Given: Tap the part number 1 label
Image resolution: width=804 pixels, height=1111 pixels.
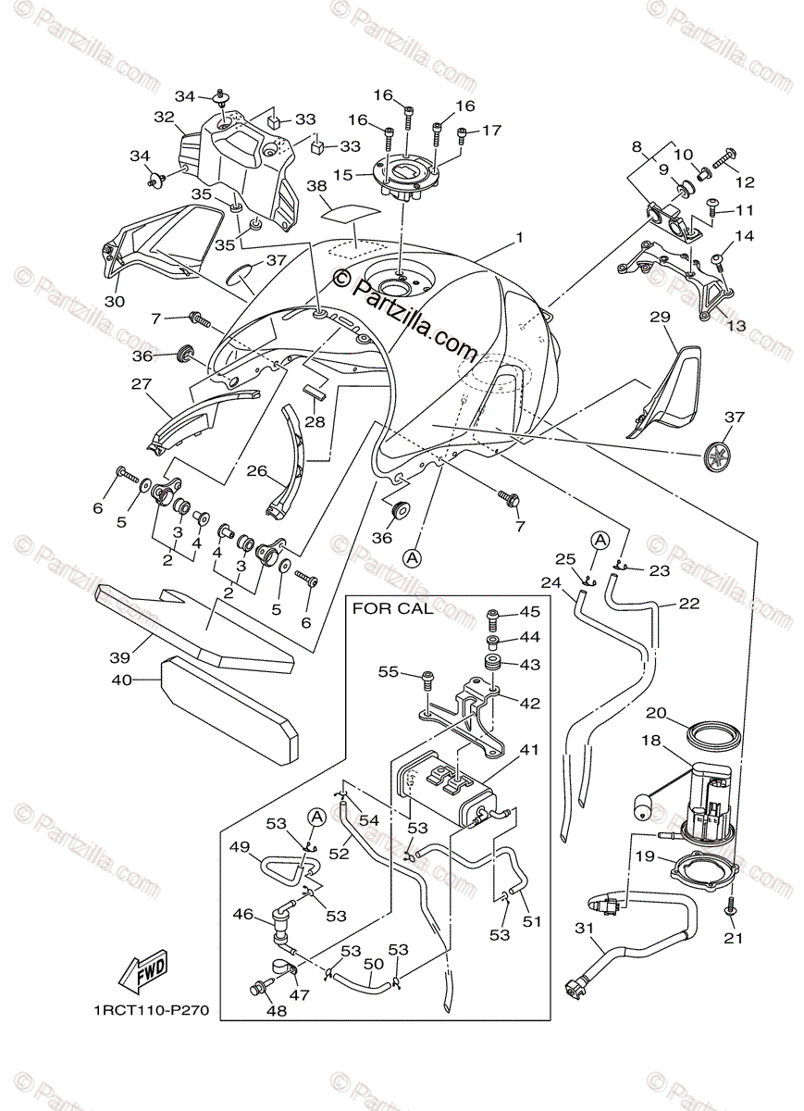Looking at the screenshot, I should tap(520, 237).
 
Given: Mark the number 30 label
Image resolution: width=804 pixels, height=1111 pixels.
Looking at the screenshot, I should tap(114, 302).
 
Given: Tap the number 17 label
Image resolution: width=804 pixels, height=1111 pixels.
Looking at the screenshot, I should tap(491, 131).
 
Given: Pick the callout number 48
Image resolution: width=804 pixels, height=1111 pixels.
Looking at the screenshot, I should tap(276, 1011).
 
